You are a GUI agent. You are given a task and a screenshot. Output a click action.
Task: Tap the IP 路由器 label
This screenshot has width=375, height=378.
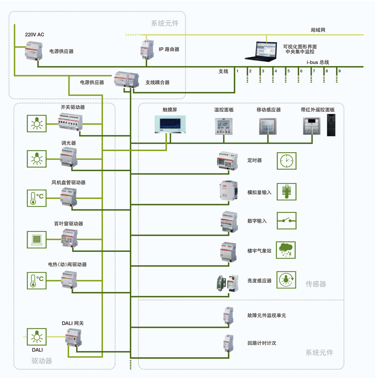click(x=169, y=49)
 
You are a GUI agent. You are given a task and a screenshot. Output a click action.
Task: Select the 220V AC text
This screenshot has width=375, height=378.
click(x=34, y=34)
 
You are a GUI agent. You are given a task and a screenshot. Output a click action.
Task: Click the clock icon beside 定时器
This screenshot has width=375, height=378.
click(x=287, y=161)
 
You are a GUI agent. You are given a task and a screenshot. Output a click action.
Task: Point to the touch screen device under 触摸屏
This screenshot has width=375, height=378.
click(x=170, y=124)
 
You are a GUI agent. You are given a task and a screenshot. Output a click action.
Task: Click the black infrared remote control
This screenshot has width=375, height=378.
click(x=331, y=125)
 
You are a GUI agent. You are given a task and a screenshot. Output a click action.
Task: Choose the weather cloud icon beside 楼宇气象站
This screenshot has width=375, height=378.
click(x=286, y=250)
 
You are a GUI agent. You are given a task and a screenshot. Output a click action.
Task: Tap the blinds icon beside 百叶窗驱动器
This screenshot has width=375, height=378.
click(x=37, y=240)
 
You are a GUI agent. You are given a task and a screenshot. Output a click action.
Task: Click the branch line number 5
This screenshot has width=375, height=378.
click(x=288, y=71)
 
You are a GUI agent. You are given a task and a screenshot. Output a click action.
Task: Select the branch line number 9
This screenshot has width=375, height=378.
click(x=339, y=71)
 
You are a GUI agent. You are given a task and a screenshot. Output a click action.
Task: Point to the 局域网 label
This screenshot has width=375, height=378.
click(x=318, y=30)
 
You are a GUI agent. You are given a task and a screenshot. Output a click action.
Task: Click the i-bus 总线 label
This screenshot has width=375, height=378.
click(x=318, y=62)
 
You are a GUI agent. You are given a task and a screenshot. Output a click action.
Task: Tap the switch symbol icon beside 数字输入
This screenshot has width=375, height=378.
click(x=287, y=221)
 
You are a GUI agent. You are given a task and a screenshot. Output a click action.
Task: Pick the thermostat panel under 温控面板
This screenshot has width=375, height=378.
click(x=224, y=126)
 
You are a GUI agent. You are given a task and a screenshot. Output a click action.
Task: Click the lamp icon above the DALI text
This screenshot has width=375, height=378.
click(x=37, y=337)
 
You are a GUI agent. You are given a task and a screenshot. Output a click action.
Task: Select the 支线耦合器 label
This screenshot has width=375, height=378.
click(x=158, y=82)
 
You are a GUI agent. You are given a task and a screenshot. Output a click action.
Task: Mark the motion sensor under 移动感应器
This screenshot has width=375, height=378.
click(x=268, y=126)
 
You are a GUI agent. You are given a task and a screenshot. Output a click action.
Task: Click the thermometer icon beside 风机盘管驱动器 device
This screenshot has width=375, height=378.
click(x=37, y=198)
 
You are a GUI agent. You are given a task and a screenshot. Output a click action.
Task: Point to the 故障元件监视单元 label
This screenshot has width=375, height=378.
click(x=267, y=315)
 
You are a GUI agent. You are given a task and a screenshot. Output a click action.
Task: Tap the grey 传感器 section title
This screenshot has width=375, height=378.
click(x=316, y=284)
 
